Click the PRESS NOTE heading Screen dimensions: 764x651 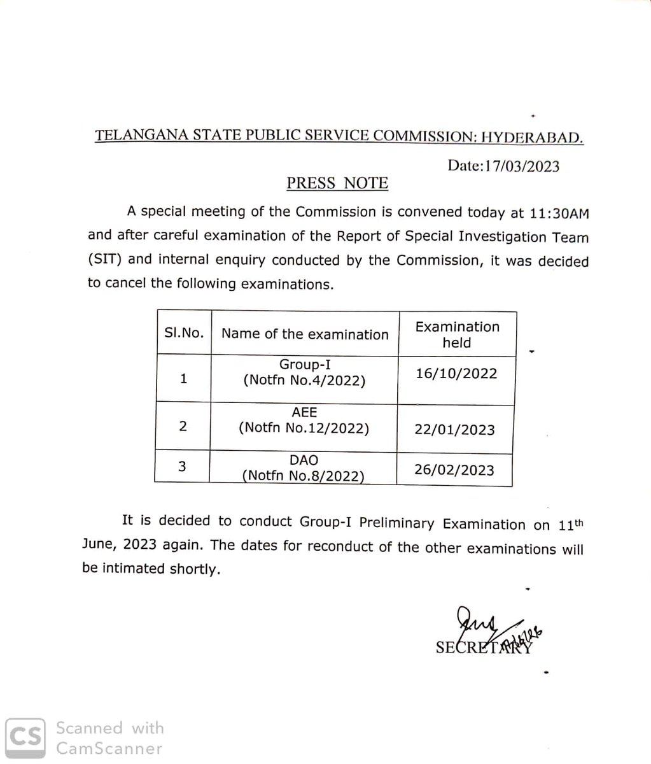337,183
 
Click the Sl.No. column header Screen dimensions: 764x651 183,333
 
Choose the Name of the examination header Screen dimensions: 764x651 305,334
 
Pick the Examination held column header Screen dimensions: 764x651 457,334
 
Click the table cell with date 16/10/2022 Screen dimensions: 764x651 456,374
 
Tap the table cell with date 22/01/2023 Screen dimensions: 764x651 454,429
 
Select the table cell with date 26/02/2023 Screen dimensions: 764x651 454,470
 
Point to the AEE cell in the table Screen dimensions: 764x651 304,420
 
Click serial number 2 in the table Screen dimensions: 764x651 183,426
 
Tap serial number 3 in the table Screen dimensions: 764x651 182,466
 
